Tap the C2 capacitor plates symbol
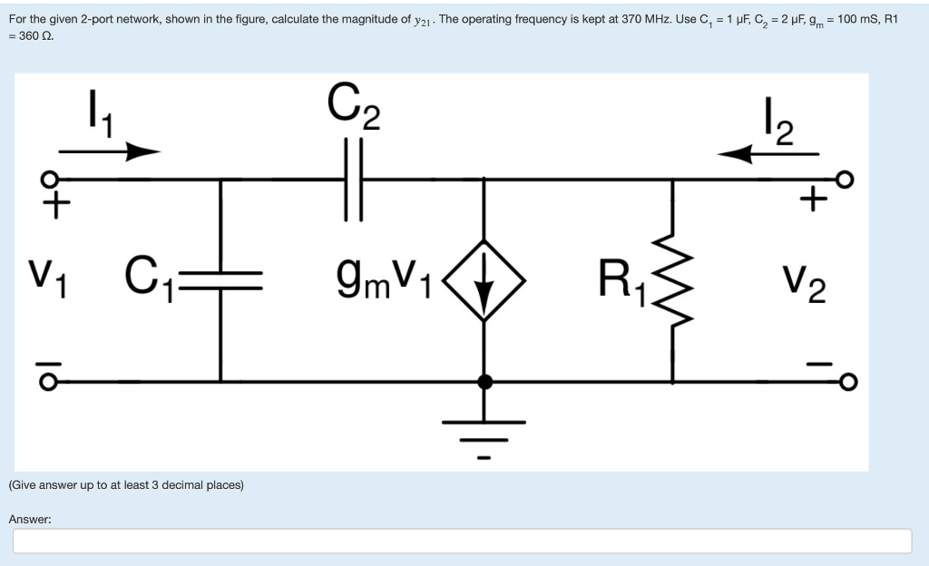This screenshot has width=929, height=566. tap(353, 180)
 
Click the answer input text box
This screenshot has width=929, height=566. tap(462, 541)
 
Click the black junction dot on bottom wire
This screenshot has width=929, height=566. tap(485, 382)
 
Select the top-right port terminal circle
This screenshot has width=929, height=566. tap(847, 179)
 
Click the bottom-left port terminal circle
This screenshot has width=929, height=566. tap(55, 381)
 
